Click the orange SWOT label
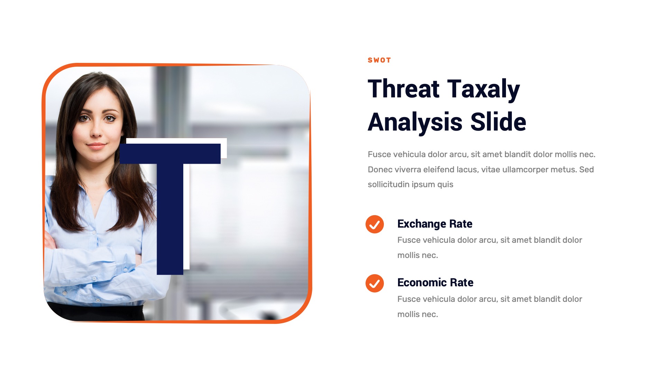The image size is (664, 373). [379, 60]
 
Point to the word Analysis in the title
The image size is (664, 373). [415, 122]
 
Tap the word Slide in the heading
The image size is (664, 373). [498, 122]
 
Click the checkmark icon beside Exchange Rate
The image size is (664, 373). [375, 224]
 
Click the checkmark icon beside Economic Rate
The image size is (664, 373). [375, 283]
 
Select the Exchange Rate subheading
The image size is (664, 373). [435, 224]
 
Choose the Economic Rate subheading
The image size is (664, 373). [435, 283]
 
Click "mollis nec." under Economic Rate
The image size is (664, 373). [417, 314]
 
